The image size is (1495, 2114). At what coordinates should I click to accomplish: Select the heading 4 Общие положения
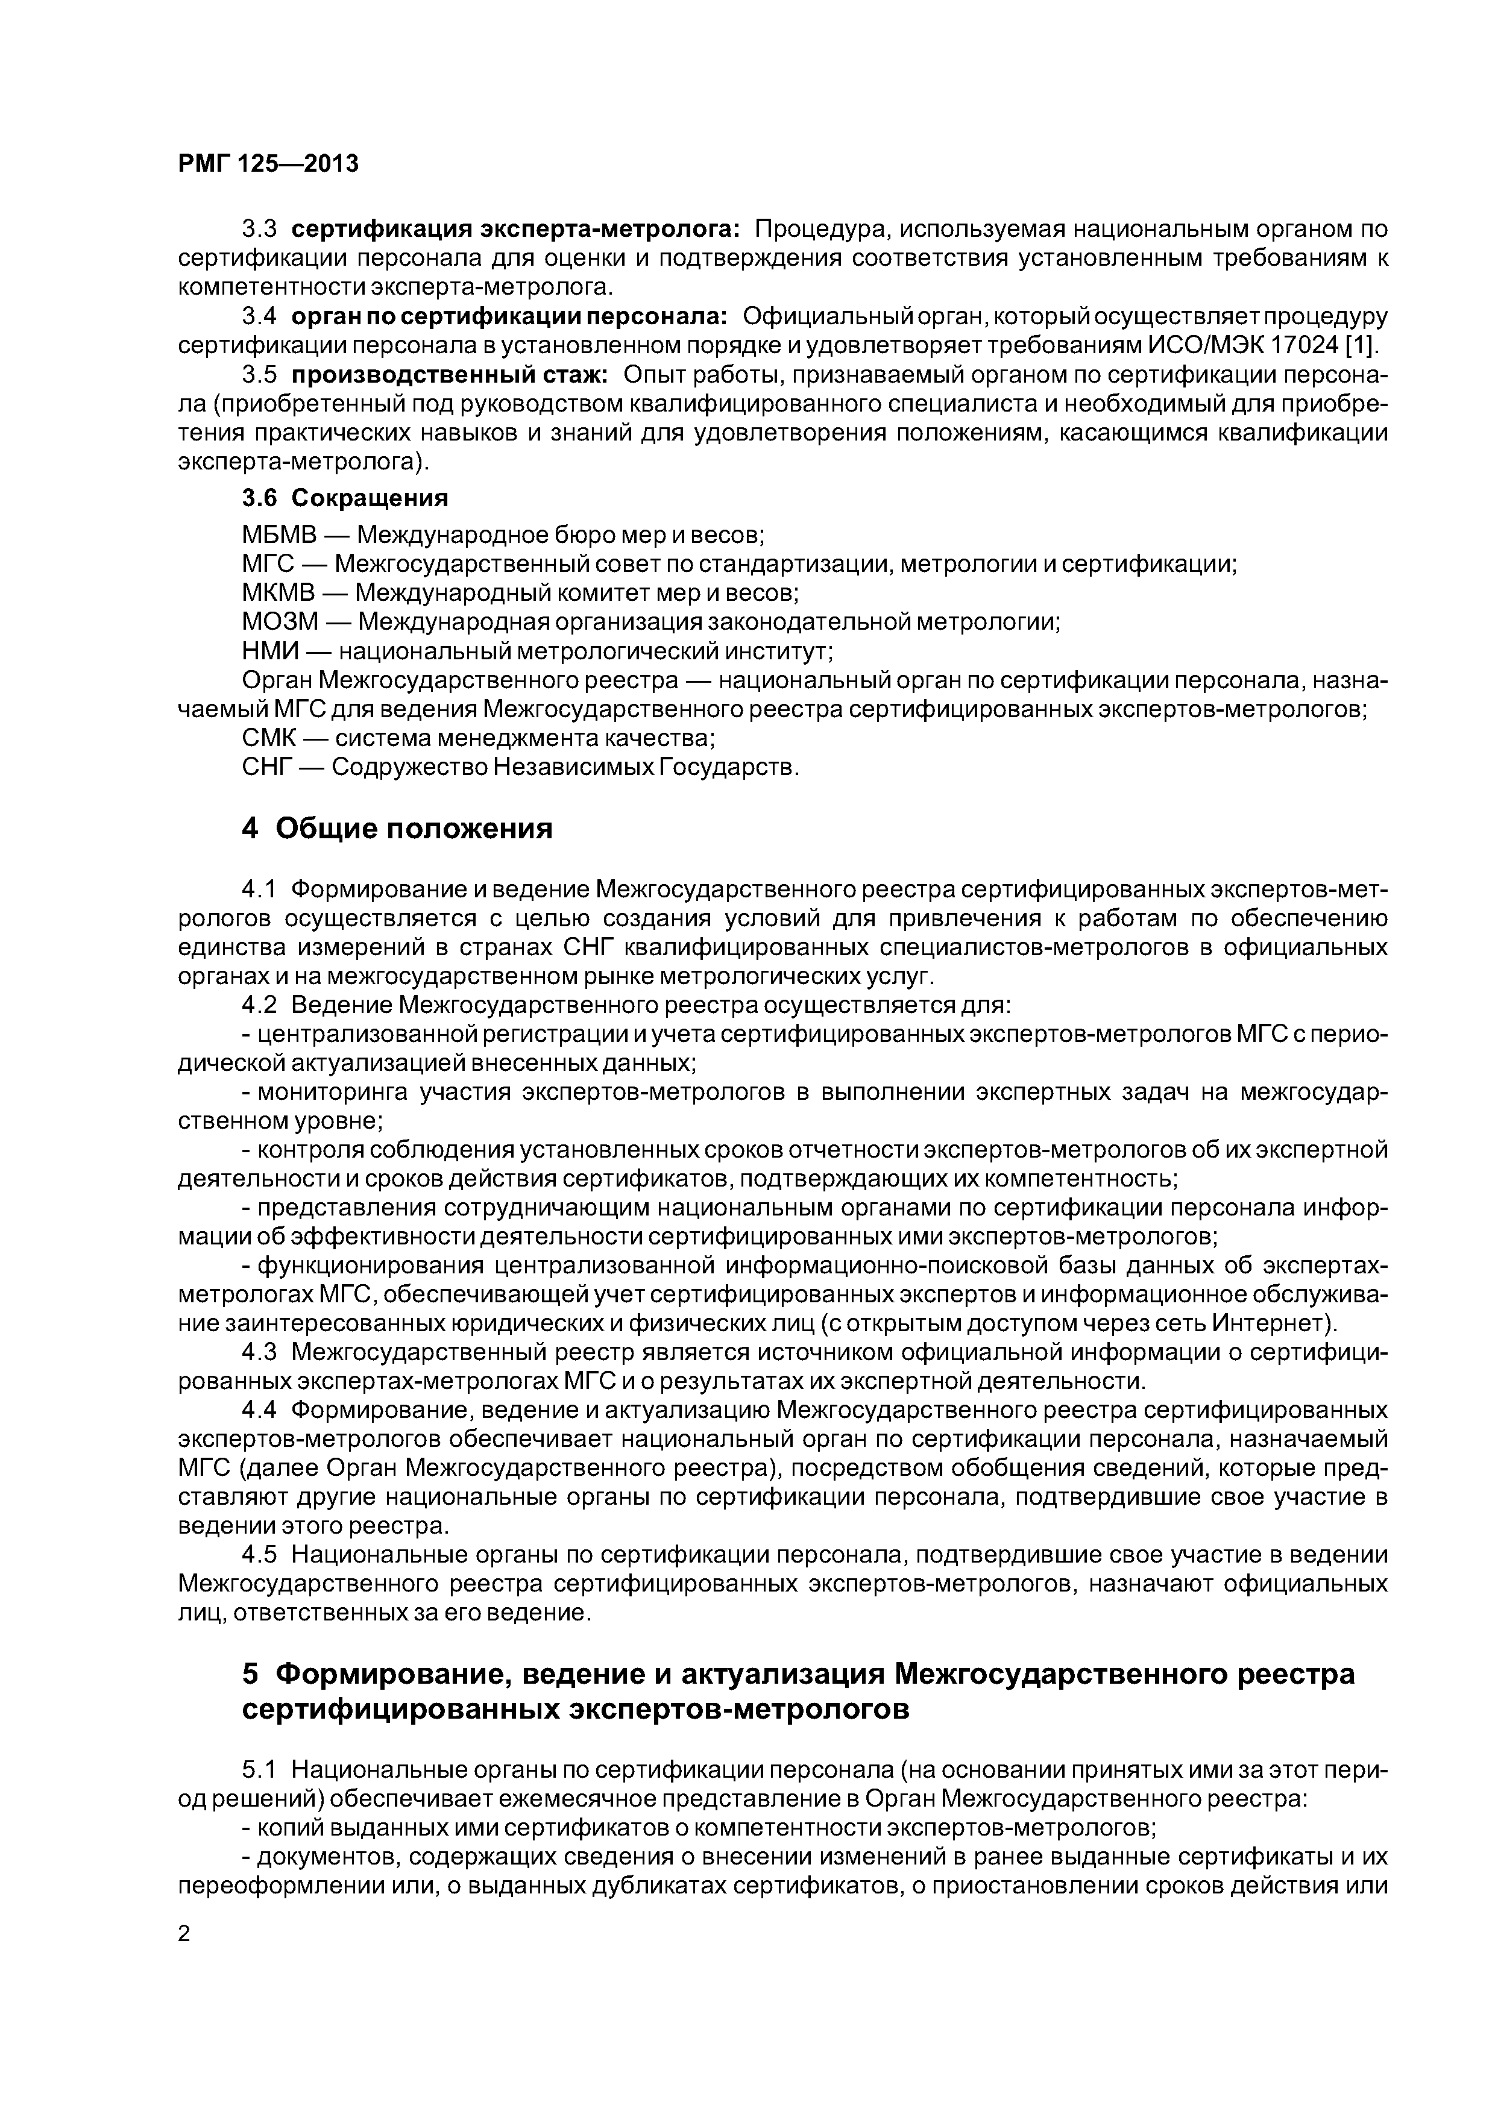pos(397,829)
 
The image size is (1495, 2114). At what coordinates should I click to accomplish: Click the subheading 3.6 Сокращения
pos(344,498)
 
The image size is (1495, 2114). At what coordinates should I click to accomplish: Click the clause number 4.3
pos(258,1352)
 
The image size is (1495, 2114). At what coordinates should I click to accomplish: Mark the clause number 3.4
pos(259,317)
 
